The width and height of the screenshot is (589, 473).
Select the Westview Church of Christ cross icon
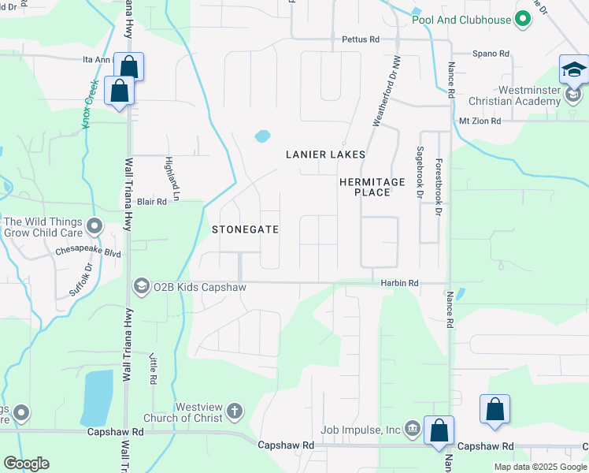point(234,411)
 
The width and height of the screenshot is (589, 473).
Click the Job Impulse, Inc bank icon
point(412,430)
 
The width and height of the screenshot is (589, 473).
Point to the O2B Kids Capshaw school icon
point(142,285)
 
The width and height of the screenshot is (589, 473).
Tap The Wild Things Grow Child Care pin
point(94,227)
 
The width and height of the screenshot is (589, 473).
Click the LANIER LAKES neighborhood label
point(325,155)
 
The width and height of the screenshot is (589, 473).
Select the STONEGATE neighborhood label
point(245,229)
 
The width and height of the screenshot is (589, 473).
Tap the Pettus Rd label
point(361,39)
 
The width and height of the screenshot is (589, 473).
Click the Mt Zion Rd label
point(480,121)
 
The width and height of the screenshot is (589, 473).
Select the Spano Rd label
point(491,54)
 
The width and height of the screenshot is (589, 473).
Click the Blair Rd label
point(152,202)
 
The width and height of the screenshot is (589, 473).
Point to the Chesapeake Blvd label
point(87,253)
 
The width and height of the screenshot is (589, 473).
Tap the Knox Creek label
point(91,103)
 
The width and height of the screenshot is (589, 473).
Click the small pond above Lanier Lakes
point(262,136)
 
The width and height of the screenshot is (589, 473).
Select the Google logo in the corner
point(26,464)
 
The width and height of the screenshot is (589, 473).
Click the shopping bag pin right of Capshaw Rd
point(495,411)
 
